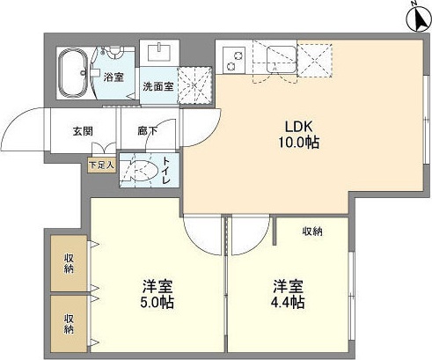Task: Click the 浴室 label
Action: pyautogui.click(x=114, y=77)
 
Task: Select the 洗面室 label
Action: pyautogui.click(x=159, y=86)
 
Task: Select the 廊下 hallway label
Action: pyautogui.click(x=147, y=132)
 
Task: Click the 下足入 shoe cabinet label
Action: pyautogui.click(x=100, y=164)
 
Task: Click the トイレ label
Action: pyautogui.click(x=167, y=171)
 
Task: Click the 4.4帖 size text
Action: pyautogui.click(x=288, y=305)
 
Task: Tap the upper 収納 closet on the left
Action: pyautogui.click(x=69, y=263)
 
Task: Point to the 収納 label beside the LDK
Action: pyautogui.click(x=312, y=231)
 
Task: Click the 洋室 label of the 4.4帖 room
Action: pyautogui.click(x=288, y=287)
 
